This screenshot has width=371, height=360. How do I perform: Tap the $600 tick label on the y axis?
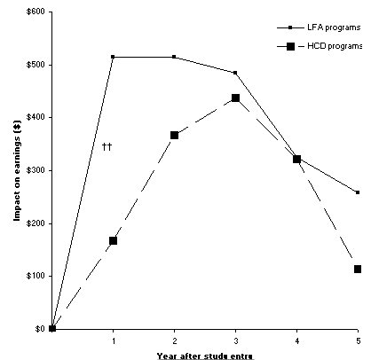pos(36,12)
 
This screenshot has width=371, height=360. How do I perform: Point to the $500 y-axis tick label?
pos(36,65)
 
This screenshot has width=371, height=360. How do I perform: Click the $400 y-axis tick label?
pos(36,117)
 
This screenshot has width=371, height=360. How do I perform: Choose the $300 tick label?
pos(36,170)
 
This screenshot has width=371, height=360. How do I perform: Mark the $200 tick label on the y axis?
pos(36,223)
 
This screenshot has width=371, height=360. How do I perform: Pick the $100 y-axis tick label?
pos(36,276)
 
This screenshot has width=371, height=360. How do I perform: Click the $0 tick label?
pos(40,328)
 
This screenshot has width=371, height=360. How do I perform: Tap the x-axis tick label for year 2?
pos(175,340)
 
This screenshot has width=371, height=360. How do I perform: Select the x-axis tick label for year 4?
pos(296,340)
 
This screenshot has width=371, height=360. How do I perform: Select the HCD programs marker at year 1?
pos(114,240)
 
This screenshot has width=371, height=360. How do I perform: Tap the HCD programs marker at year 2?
pos(175,135)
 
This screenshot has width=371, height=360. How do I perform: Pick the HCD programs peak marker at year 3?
pos(235,98)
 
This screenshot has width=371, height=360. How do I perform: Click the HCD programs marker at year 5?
pos(357,269)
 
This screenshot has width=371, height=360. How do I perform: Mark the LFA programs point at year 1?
pos(114,57)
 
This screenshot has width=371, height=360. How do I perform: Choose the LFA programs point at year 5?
pos(357,192)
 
